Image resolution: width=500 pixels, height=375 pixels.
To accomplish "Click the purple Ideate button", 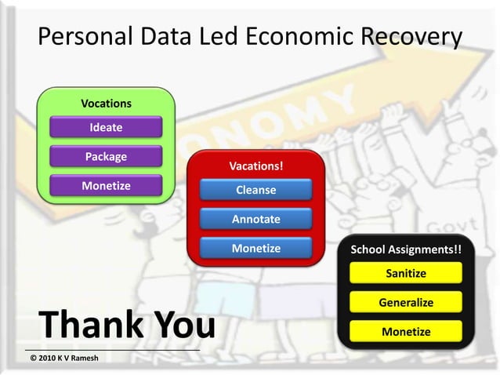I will [x=106, y=127].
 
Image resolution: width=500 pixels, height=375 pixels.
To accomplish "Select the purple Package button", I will [x=106, y=156].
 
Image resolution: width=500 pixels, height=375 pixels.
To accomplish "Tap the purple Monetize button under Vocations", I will [x=106, y=186].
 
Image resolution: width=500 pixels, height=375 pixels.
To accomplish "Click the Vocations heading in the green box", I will [x=106, y=104].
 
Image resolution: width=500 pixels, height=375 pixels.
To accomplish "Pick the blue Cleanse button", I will [x=255, y=190].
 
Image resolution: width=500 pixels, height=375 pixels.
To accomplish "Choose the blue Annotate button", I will [x=255, y=219].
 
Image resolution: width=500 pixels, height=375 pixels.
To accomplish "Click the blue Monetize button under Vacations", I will [x=255, y=248].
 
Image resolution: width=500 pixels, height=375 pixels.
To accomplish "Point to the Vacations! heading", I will [x=255, y=166].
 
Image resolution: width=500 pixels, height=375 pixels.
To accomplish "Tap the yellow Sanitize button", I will [x=406, y=273].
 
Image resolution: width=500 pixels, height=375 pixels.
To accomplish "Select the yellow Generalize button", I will [x=406, y=302].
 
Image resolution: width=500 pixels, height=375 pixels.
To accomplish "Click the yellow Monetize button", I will [x=406, y=331].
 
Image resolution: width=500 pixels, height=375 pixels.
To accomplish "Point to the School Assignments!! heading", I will [x=406, y=250].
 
